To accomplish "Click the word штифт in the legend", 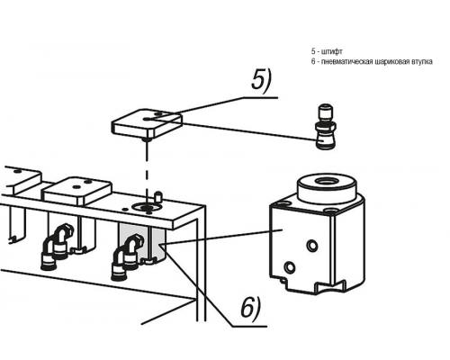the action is click(x=332, y=51).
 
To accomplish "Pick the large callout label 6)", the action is click(x=251, y=307).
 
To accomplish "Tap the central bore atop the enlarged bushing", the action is click(x=327, y=181).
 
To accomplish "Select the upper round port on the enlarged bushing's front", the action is click(x=312, y=246).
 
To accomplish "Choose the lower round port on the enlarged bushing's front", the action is click(x=290, y=266).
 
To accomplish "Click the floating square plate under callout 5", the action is click(x=147, y=123).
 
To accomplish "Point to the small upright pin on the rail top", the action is click(x=157, y=197).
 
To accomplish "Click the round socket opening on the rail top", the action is click(x=146, y=207).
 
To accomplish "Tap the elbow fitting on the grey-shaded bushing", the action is click(x=126, y=257).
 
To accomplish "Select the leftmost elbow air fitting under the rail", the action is click(x=57, y=247).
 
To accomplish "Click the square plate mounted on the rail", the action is click(x=78, y=190).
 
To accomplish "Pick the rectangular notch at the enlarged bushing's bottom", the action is click(x=331, y=287).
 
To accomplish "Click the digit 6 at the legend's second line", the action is click(x=313, y=62).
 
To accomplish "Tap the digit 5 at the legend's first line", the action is click(x=313, y=51).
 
